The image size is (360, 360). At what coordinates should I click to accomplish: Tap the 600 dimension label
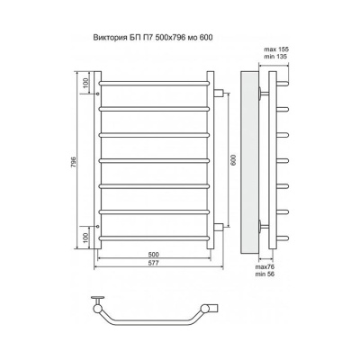[234, 160]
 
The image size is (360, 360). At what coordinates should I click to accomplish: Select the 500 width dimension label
[153, 255]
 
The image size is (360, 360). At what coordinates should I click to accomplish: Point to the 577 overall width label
[153, 263]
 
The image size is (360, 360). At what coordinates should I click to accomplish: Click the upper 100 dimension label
[85, 83]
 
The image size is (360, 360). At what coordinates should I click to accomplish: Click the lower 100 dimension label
[85, 238]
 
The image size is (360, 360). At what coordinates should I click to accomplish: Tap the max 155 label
[276, 49]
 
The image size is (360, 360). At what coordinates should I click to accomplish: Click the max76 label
[265, 266]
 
